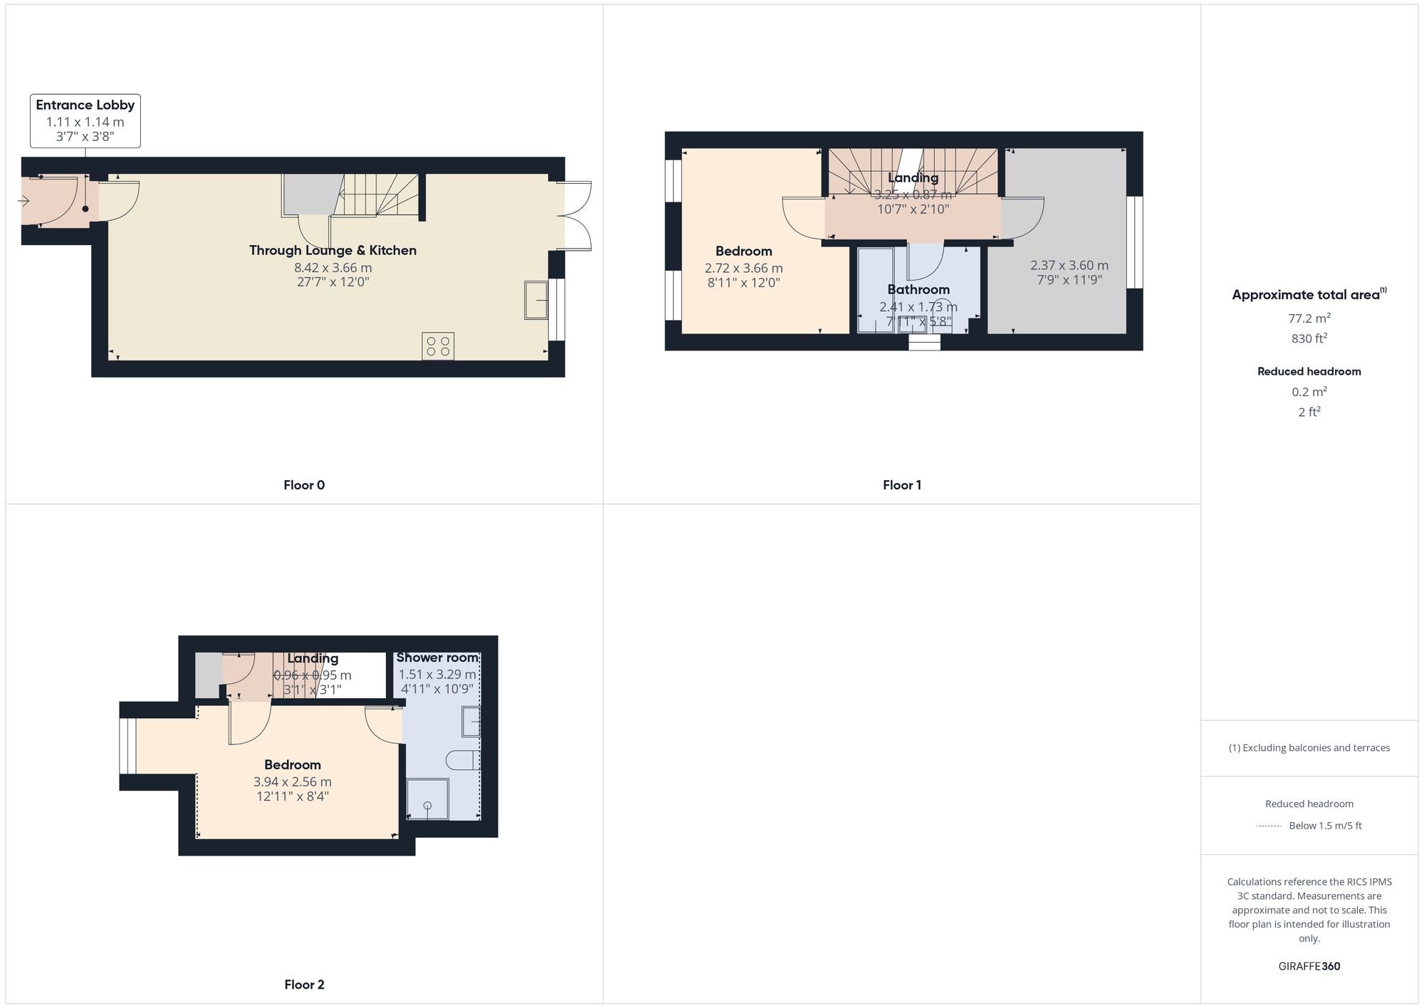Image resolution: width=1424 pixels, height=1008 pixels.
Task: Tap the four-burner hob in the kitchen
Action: point(438,346)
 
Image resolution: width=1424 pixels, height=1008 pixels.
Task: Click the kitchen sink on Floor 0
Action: point(536,300)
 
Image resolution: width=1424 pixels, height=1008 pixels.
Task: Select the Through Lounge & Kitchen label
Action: point(333,250)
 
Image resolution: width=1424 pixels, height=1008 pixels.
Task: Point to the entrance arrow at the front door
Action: point(23,202)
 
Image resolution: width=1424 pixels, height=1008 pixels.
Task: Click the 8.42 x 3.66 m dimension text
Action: point(333,268)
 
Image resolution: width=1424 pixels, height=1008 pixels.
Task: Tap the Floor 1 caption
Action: point(901,485)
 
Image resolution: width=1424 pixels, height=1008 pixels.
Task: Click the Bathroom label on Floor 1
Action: point(918,289)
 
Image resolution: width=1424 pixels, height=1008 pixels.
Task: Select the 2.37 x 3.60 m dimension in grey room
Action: point(1069,265)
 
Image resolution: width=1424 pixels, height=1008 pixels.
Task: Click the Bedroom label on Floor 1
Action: point(743,251)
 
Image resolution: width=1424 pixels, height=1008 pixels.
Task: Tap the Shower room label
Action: point(437,658)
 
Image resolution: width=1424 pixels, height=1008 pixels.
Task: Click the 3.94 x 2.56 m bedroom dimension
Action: point(292,781)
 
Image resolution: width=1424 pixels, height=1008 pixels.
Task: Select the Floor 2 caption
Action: point(304,984)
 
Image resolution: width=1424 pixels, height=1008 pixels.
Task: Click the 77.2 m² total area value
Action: point(1309,318)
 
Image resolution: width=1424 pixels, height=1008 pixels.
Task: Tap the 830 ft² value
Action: point(1309,338)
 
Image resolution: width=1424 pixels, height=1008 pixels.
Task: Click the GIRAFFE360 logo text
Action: point(1309,966)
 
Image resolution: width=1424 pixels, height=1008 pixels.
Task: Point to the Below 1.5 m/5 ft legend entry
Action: point(1324,826)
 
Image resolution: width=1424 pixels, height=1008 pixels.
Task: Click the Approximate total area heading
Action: point(1308,295)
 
